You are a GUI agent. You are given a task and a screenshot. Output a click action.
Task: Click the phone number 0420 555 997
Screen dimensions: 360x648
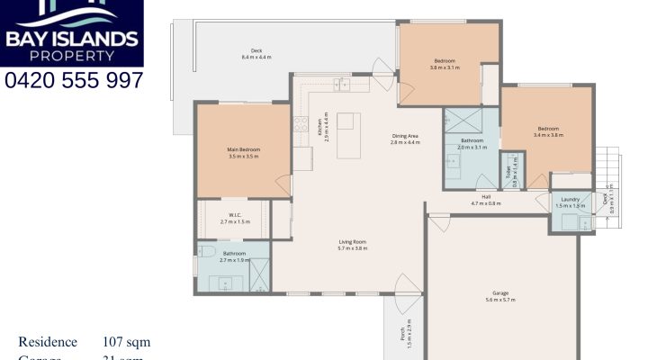click(74, 80)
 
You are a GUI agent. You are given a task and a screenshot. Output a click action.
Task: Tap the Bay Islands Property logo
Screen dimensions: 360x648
click(72, 32)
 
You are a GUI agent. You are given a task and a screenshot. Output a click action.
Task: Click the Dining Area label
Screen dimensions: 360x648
click(405, 135)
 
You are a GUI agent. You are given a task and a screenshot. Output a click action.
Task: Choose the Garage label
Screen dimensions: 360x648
click(500, 293)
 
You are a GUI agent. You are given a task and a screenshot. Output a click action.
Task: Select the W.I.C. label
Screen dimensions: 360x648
click(234, 214)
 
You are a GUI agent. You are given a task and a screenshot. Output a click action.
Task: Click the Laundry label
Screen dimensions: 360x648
click(569, 199)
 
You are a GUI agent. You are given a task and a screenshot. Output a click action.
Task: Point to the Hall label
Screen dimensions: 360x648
click(486, 195)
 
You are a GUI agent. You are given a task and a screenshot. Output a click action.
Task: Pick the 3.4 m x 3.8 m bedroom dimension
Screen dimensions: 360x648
click(548, 135)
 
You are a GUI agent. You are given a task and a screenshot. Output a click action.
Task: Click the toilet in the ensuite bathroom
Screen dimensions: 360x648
click(206, 252)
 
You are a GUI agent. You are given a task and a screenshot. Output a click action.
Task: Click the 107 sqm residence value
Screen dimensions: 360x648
click(126, 342)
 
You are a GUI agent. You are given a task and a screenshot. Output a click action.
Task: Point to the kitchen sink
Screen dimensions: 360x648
click(343, 85)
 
